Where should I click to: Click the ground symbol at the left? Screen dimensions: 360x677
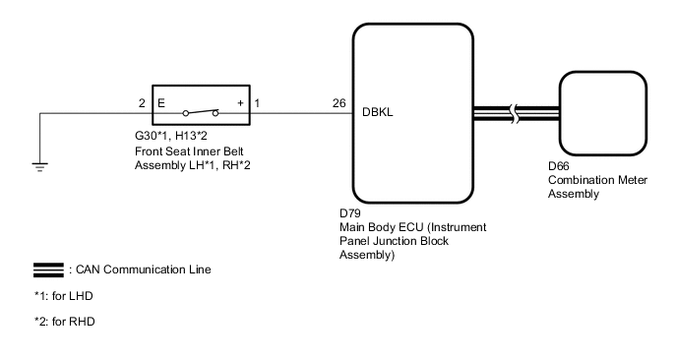pyautogui.click(x=39, y=164)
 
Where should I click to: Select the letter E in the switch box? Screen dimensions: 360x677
pyautogui.click(x=162, y=102)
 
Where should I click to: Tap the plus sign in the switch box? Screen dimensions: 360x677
pyautogui.click(x=240, y=102)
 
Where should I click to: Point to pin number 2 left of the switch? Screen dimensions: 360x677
pyautogui.click(x=141, y=102)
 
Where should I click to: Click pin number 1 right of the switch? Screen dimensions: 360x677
pyautogui.click(x=257, y=102)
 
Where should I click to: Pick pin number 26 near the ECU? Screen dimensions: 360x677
pyautogui.click(x=339, y=102)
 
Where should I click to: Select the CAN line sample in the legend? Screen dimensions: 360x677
pyautogui.click(x=48, y=269)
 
